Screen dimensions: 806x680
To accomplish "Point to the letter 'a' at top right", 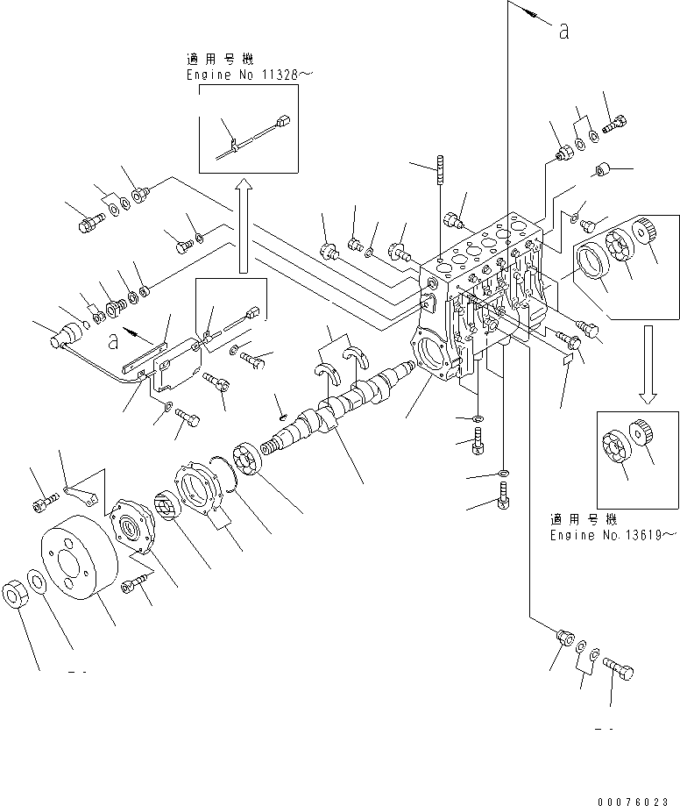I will coord(563,32).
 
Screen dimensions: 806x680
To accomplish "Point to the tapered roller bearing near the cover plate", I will coord(166,506).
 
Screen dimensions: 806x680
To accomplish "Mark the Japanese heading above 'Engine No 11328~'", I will coord(219,60).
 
